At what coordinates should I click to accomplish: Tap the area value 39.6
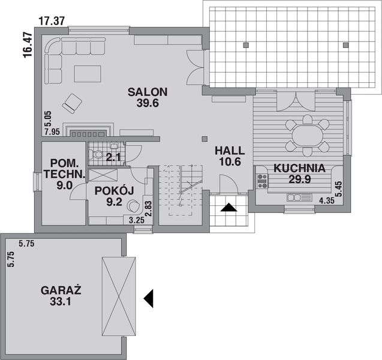pyautogui.click(x=147, y=103)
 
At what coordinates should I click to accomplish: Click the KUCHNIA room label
pyautogui.click(x=300, y=169)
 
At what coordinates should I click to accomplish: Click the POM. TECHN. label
pyautogui.click(x=61, y=169)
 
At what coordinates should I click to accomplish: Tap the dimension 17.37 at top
pyautogui.click(x=52, y=21)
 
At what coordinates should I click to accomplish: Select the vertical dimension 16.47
pyautogui.click(x=27, y=45)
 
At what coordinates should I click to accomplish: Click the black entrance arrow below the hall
pyautogui.click(x=228, y=208)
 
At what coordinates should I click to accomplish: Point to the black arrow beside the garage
pyautogui.click(x=149, y=297)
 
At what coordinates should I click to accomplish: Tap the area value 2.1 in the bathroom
pyautogui.click(x=113, y=158)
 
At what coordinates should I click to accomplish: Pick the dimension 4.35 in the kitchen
pyautogui.click(x=327, y=201)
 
